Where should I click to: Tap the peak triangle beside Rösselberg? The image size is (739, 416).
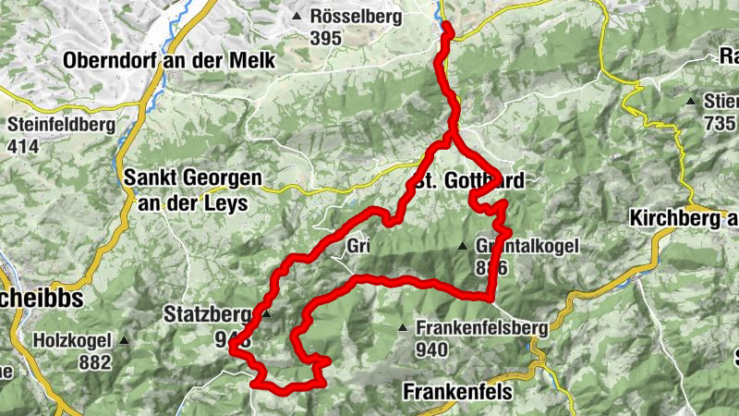coord(297,17)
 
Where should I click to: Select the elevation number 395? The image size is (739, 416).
coord(326,38)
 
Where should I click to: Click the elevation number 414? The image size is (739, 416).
coord(23,145)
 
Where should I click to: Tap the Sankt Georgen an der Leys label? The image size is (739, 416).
coord(192,190)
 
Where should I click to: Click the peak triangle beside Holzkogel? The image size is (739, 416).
coord(123,340)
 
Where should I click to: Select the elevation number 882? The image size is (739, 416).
coord(94,362)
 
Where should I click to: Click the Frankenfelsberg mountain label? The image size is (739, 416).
coord(481,327)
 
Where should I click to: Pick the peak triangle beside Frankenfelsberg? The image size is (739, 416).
coord(403,328)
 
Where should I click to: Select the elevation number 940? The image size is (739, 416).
coord(431,349)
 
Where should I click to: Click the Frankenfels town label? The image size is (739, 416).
coord(457,391)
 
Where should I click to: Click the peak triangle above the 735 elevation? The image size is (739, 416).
coord(690,101)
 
